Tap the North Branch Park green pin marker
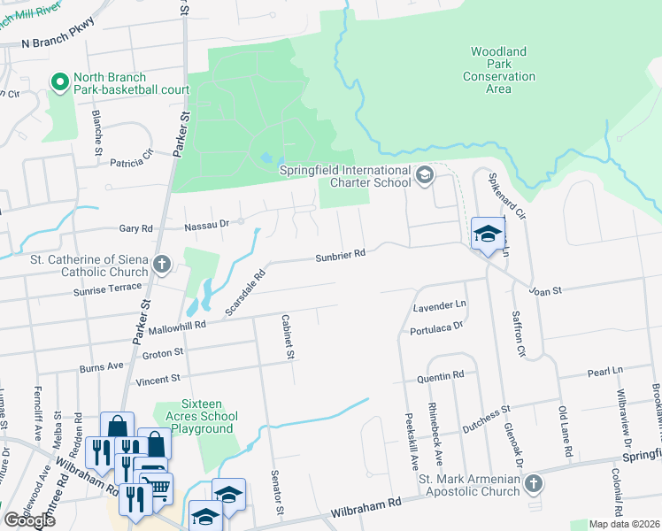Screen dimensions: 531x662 (x=61, y=83)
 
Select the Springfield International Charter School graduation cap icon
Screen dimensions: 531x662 (x=424, y=176)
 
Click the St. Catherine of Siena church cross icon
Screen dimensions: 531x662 (x=161, y=264)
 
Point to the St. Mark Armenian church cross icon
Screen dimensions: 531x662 (x=532, y=483)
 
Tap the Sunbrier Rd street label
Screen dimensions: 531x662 (x=341, y=255)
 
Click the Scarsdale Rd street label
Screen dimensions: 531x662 (x=245, y=294)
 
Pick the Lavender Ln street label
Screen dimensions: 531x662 (x=440, y=306)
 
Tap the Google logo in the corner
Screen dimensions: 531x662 (x=29, y=519)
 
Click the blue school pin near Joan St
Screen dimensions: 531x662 (x=487, y=234)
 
